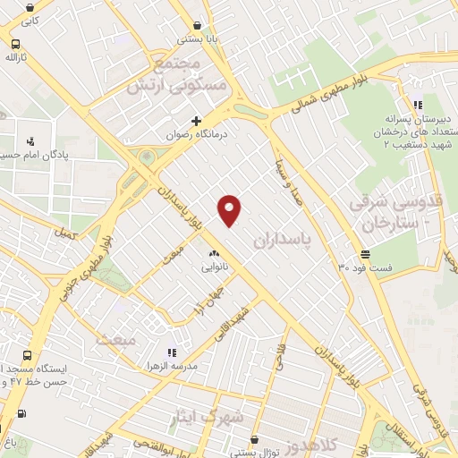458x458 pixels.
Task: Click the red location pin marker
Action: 230,209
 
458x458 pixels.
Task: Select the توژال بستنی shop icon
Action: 255,439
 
